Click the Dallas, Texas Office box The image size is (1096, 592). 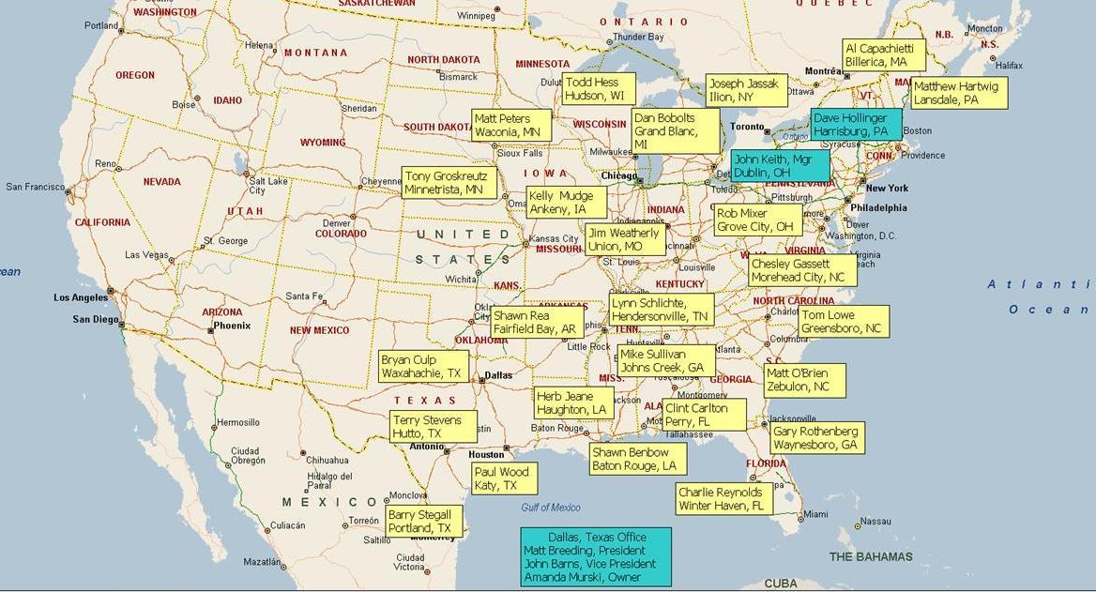pos(596,556)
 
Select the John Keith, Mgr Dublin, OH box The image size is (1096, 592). pos(780,166)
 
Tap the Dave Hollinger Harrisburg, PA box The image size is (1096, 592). pos(856,125)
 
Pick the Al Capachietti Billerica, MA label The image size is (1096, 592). pos(883,54)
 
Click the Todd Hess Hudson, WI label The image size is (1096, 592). pos(599,89)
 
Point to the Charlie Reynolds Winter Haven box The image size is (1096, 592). pos(724,499)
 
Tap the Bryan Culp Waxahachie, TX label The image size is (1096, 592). pos(422,366)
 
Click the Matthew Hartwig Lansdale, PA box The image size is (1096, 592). pos(958,93)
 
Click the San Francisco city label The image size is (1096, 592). pos(35,187)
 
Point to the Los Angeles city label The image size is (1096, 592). pos(80,297)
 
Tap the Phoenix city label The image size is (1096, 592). pos(232,326)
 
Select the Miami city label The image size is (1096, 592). pos(815,514)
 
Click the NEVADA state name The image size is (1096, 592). pos(161,182)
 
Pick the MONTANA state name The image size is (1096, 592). pos(315,53)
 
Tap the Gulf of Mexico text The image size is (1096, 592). pos(551,508)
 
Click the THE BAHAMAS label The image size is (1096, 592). pos(871,556)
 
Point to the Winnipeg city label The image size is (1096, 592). pos(476,16)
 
